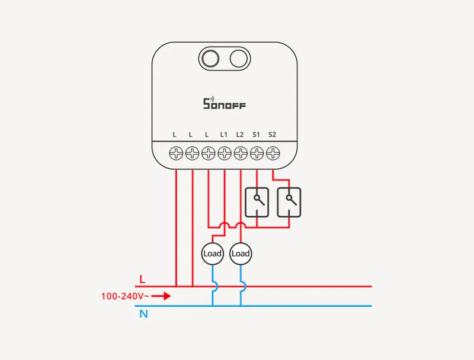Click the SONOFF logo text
pyautogui.click(x=225, y=105)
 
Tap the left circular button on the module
pyautogui.click(x=209, y=58)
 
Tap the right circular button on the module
pyautogui.click(x=239, y=58)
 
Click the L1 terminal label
pyautogui.click(x=224, y=135)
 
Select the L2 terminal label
pyautogui.click(x=240, y=135)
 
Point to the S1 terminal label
pyautogui.click(x=256, y=135)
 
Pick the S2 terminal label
pyautogui.click(x=272, y=135)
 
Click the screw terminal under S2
pyautogui.click(x=273, y=154)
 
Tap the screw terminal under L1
pyautogui.click(x=225, y=154)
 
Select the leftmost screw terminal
pyautogui.click(x=177, y=154)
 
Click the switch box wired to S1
pyautogui.click(x=257, y=202)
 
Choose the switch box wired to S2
pyautogui.click(x=289, y=202)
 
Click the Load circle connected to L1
pyautogui.click(x=212, y=253)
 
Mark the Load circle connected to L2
pyautogui.click(x=241, y=253)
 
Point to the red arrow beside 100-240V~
pyautogui.click(x=161, y=295)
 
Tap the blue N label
pyautogui.click(x=143, y=314)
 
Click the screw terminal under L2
pyautogui.click(x=241, y=154)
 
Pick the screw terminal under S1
pyautogui.click(x=257, y=154)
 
